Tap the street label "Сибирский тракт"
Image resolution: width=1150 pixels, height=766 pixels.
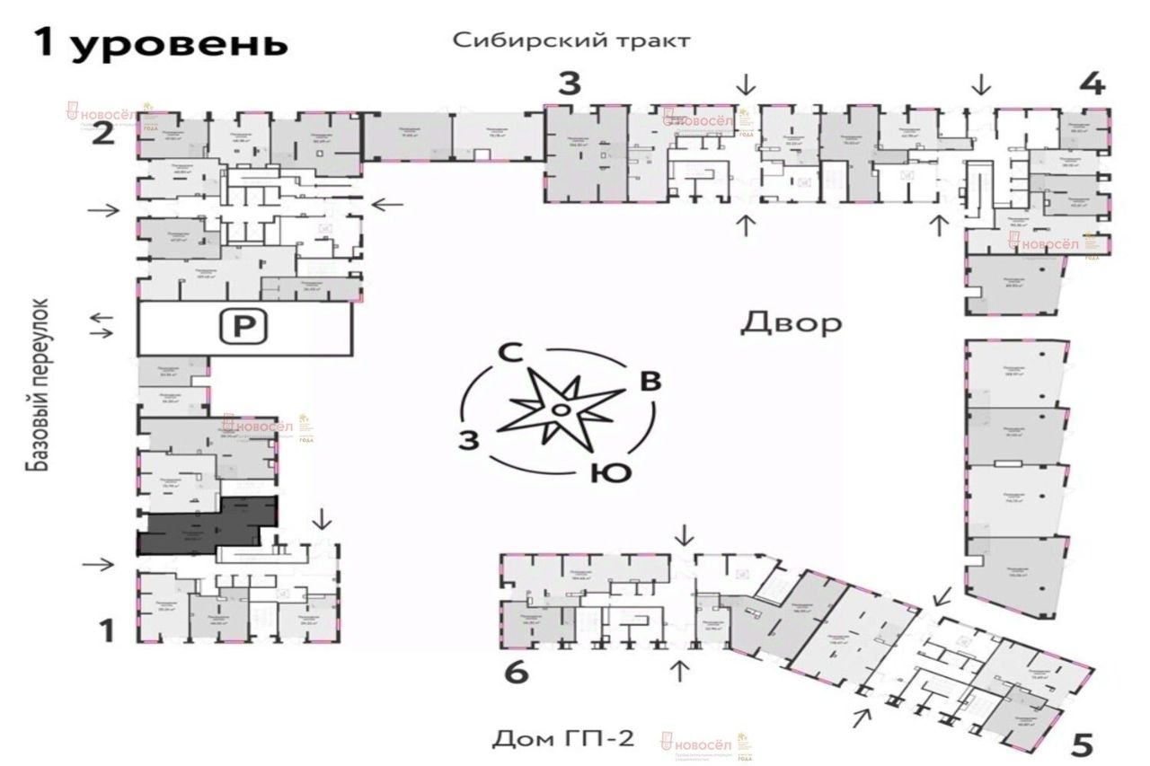[571, 41]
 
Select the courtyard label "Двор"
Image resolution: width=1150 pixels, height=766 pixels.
[791, 323]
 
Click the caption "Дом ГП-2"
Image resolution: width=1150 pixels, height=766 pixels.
[562, 739]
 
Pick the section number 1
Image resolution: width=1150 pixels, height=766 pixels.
[107, 632]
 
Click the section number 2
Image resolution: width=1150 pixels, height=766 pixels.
[105, 135]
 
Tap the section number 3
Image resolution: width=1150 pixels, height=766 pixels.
[569, 85]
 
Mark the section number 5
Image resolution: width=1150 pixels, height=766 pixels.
[1084, 744]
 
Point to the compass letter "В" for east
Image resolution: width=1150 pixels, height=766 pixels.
[650, 381]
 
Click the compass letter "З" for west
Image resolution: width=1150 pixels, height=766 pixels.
[467, 439]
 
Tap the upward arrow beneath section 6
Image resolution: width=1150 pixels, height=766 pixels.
[680, 669]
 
